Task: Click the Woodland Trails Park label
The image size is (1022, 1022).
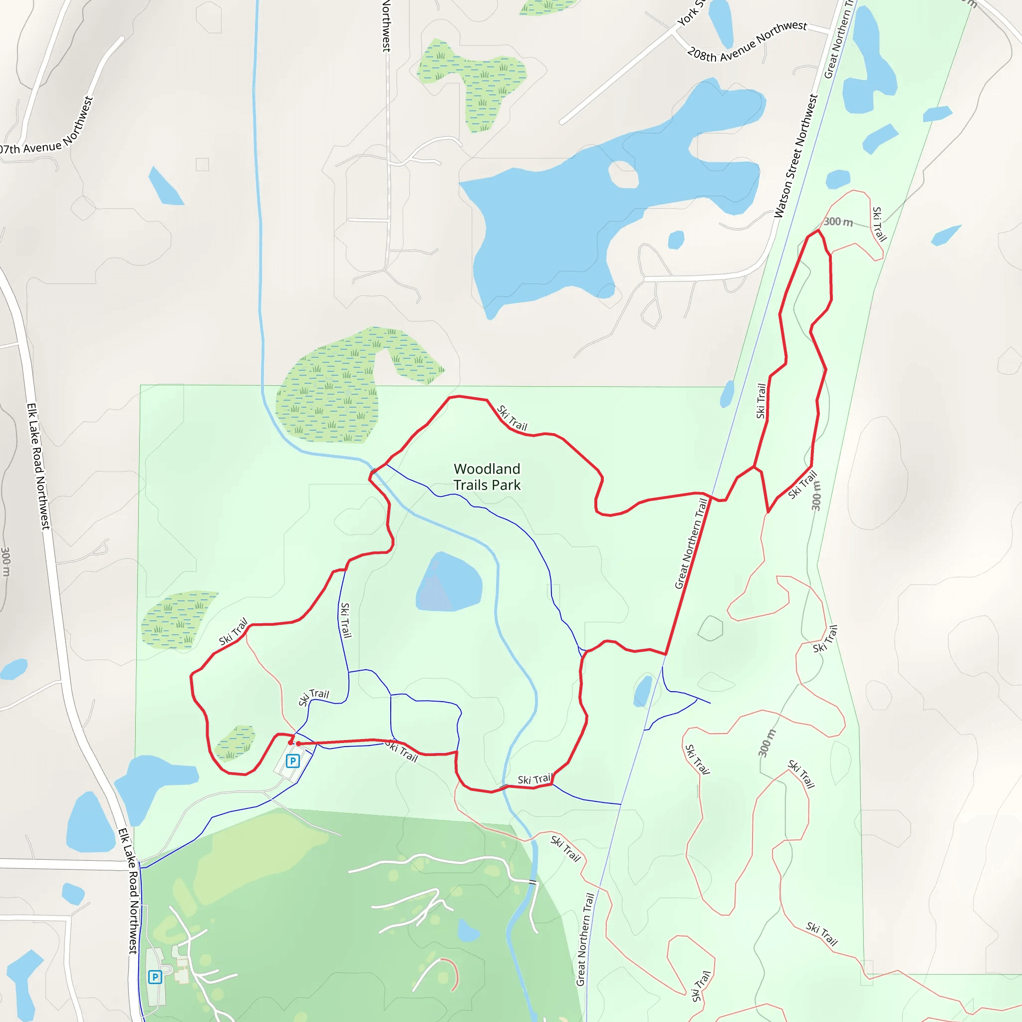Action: point(487,477)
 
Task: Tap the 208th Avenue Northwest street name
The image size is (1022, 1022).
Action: point(747,42)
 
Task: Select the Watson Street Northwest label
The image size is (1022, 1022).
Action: point(795,156)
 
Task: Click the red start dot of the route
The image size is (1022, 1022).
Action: point(298,744)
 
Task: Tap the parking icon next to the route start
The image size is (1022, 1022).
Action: point(292,761)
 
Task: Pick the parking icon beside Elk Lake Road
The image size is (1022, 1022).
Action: point(155,977)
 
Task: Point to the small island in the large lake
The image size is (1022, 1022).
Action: point(623,175)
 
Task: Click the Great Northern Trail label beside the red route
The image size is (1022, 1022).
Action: point(691,543)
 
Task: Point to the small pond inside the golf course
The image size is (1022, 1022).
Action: point(468,931)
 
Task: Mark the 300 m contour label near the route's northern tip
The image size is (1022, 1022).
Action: point(838,222)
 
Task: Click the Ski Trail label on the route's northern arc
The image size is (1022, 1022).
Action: point(512,418)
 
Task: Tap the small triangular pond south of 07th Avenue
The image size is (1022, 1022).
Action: point(165,187)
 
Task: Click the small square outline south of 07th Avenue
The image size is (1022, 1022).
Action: point(202,165)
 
